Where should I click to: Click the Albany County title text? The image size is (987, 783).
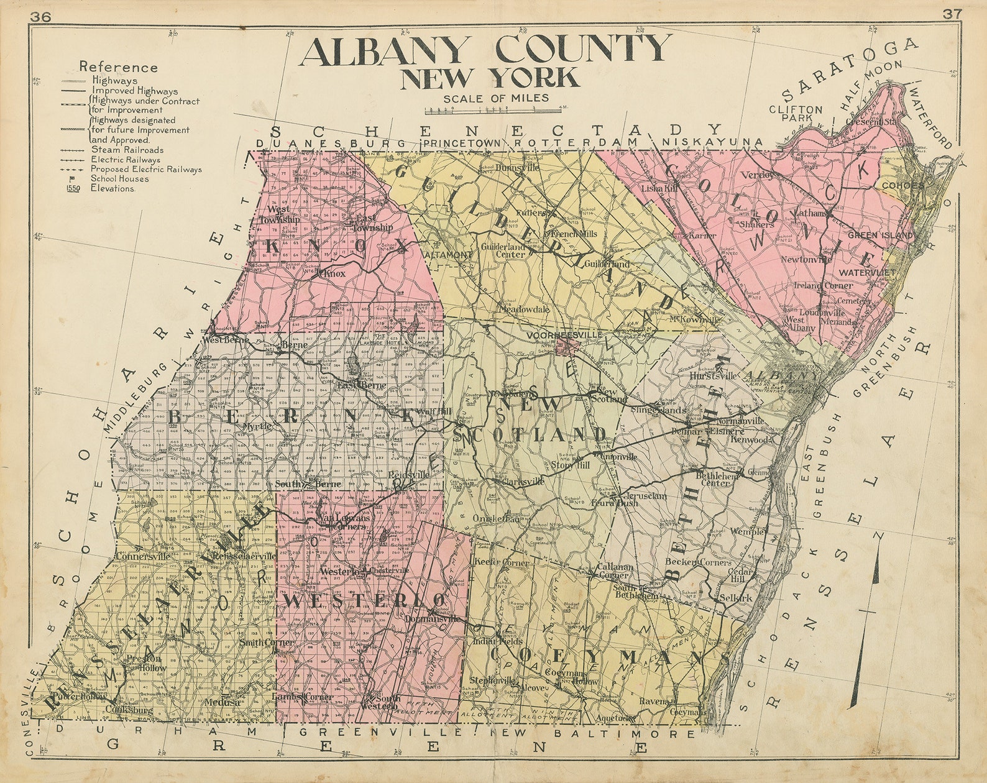coord(485,50)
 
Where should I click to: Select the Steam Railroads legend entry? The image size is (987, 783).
coord(127,150)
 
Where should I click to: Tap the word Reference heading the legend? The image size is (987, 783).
coord(118,68)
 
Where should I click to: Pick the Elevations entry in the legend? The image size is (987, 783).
coord(112,188)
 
